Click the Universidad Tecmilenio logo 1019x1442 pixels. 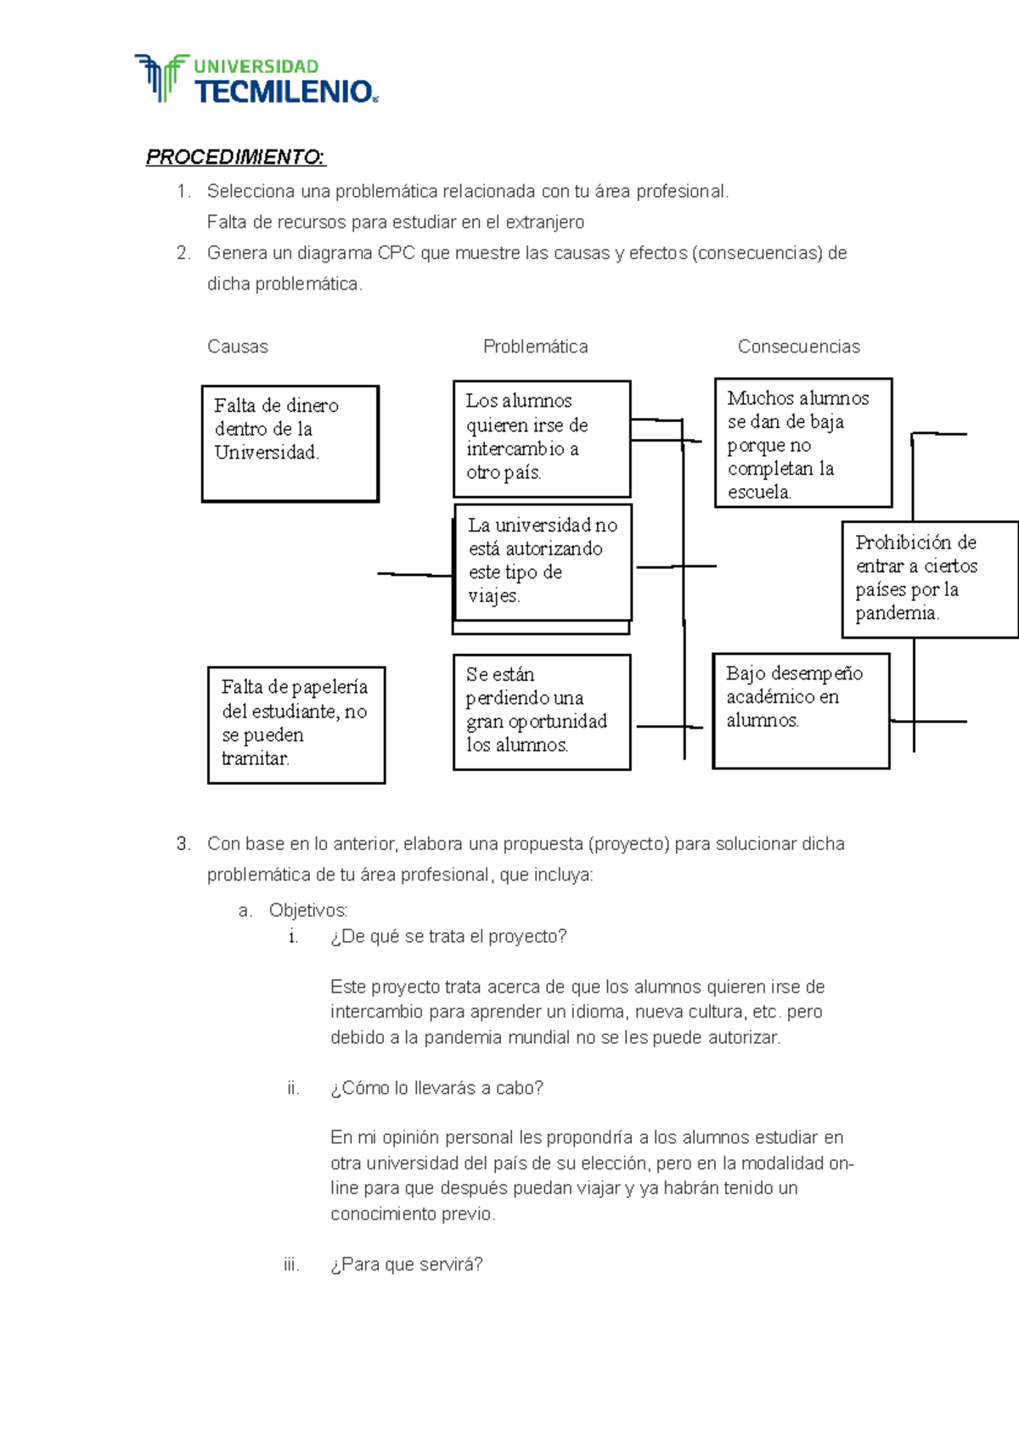click(255, 80)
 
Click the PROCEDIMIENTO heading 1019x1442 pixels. click(235, 157)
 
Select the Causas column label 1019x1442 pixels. click(238, 346)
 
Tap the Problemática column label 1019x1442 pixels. click(535, 346)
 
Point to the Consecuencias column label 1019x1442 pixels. click(798, 346)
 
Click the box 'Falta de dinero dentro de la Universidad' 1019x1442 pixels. click(290, 443)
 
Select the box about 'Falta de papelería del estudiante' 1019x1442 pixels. click(296, 724)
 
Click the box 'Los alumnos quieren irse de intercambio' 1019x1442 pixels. click(542, 438)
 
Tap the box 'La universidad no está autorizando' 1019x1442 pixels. click(543, 562)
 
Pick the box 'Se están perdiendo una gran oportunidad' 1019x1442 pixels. click(542, 712)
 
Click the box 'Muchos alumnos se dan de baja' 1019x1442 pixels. click(802, 442)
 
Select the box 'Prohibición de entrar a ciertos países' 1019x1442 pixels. click(929, 579)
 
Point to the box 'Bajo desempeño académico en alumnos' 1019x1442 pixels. click(801, 710)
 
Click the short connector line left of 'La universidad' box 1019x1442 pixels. click(415, 575)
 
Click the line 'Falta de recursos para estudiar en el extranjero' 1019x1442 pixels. click(396, 222)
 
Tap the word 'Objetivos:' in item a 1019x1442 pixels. click(307, 910)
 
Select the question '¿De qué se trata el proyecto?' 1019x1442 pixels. click(448, 937)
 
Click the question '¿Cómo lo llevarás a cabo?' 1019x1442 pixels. click(436, 1088)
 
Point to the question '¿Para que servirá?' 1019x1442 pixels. click(406, 1265)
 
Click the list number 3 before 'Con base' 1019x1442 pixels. click(183, 844)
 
